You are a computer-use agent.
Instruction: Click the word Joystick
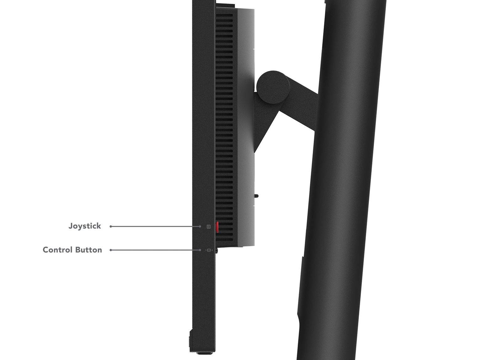tap(85, 226)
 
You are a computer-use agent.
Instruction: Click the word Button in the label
tap(89, 250)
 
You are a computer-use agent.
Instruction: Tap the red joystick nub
tap(217, 227)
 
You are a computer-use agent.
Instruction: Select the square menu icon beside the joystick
tap(208, 227)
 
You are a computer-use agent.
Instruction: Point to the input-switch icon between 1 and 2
tap(209, 250)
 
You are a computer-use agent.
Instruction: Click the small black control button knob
tap(216, 250)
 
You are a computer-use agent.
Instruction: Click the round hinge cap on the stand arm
tap(273, 87)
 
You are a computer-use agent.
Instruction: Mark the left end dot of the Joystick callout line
tap(111, 226)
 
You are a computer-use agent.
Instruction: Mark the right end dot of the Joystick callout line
tap(200, 226)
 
